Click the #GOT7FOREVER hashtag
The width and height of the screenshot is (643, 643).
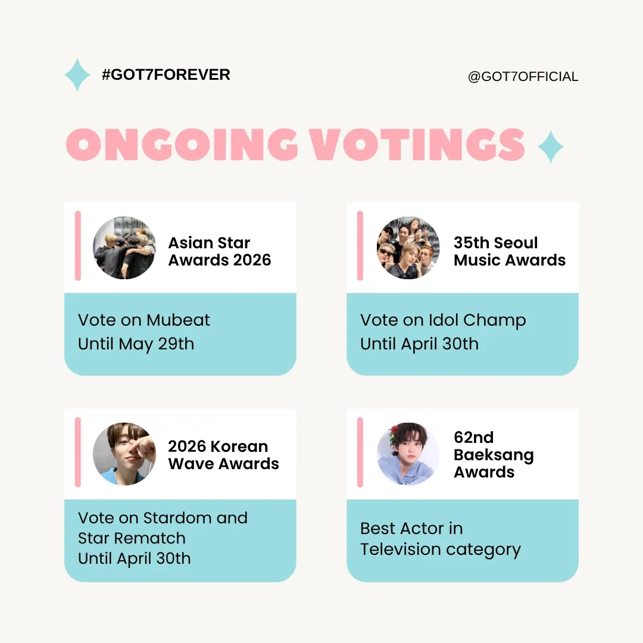[x=166, y=75]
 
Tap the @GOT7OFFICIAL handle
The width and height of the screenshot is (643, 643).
[x=523, y=77]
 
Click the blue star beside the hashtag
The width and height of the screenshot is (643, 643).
[x=77, y=75]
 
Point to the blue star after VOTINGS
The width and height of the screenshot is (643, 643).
[x=550, y=146]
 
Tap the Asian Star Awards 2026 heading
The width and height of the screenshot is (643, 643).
[x=219, y=251]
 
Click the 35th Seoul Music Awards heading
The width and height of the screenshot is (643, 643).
[x=509, y=251]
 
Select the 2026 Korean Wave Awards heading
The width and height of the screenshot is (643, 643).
[x=223, y=455]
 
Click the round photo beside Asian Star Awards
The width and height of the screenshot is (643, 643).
[x=124, y=248]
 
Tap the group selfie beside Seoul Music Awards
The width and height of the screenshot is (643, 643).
[x=408, y=248]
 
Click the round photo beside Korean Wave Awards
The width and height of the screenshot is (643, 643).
[x=124, y=454]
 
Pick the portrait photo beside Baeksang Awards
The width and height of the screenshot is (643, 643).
[x=408, y=454]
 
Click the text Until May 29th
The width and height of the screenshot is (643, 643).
[x=136, y=344]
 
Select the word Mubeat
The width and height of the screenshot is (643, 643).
[x=178, y=320]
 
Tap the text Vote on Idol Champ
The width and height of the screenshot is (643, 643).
[x=442, y=320]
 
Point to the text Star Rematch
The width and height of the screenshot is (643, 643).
[x=132, y=538]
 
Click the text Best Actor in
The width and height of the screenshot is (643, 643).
[x=411, y=529]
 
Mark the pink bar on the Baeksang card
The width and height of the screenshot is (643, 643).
[x=360, y=452]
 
